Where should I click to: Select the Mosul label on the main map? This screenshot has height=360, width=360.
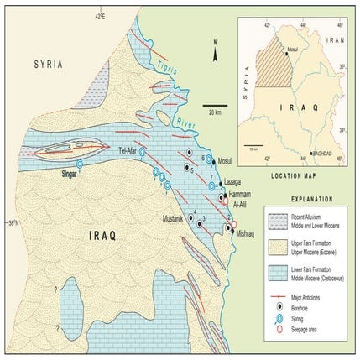click(x=224, y=161)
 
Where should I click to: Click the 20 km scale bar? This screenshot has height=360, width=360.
click(x=211, y=109)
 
